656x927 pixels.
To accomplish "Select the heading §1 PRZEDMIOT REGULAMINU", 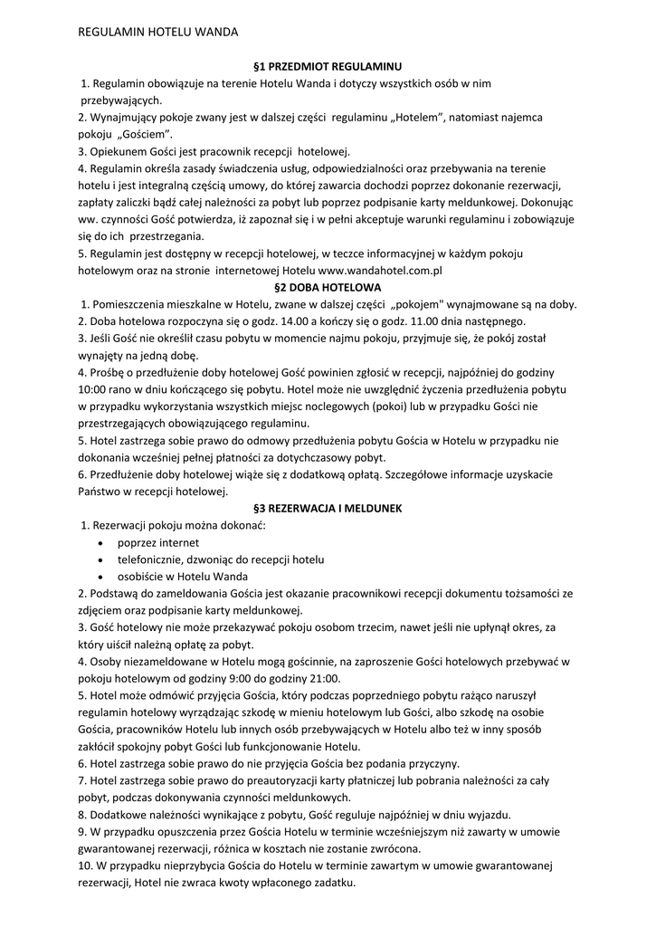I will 328,67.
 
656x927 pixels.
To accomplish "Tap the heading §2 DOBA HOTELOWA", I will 328,287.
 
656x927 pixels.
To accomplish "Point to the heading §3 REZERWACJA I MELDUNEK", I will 328,509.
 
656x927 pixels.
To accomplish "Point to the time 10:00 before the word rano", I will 93,389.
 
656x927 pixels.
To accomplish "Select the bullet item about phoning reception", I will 221,559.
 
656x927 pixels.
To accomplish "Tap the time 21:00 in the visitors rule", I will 324,678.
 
